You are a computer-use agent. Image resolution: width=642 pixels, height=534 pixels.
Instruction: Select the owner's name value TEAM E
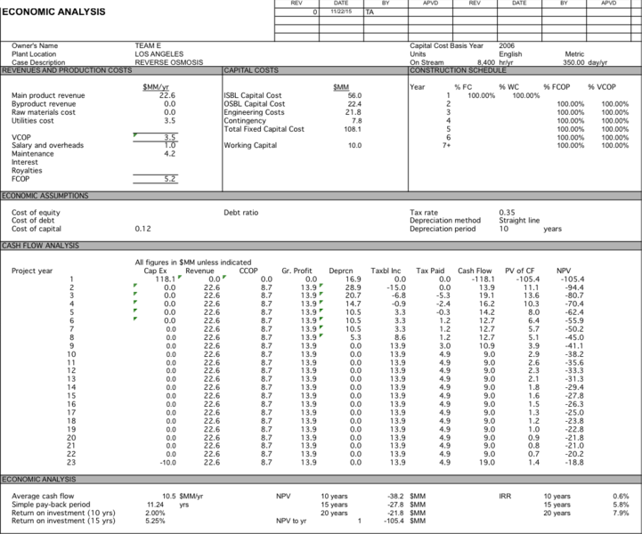(x=148, y=45)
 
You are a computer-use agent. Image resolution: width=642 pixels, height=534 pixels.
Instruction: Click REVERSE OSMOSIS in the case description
(x=169, y=63)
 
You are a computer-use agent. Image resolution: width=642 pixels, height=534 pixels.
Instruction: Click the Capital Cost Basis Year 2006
(x=507, y=45)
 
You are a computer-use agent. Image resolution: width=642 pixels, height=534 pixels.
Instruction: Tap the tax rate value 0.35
(x=508, y=213)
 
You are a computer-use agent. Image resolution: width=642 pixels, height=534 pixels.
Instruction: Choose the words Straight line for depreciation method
(x=521, y=221)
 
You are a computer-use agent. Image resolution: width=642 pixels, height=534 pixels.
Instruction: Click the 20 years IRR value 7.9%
(x=621, y=512)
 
